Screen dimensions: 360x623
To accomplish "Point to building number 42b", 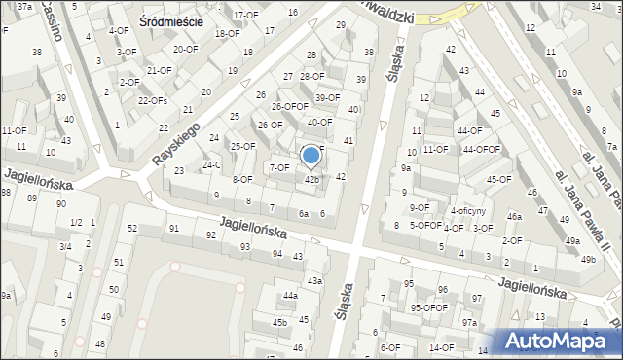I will [x=311, y=179].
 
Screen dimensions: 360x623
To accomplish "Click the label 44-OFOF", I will [x=481, y=149].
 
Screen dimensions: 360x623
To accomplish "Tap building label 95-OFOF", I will [x=428, y=307].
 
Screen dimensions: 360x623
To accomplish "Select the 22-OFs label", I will [x=153, y=101].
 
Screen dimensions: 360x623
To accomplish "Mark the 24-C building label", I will [x=211, y=164].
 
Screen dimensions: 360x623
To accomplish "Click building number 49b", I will [x=587, y=260].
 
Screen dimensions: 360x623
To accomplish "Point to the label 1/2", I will [x=76, y=223].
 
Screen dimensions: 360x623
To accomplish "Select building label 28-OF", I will [x=311, y=76].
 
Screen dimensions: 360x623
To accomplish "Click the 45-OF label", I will [x=499, y=179].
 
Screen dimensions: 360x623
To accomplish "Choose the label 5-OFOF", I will [x=425, y=225].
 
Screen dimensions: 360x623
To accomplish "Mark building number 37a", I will [x=24, y=7].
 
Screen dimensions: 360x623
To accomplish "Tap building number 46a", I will [x=514, y=216].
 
